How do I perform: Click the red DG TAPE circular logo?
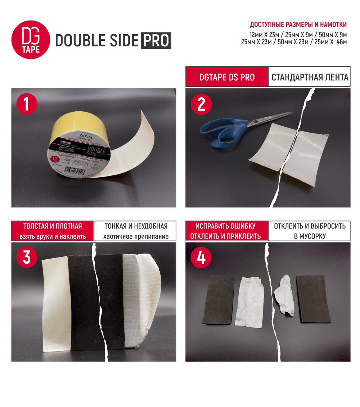tap(31, 40)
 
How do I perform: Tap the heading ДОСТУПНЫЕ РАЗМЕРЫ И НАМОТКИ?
tap(298, 25)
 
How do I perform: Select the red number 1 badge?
tap(27, 104)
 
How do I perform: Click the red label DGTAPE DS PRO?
tap(227, 77)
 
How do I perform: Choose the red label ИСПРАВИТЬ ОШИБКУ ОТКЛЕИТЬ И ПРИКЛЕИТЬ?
tap(227, 231)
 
